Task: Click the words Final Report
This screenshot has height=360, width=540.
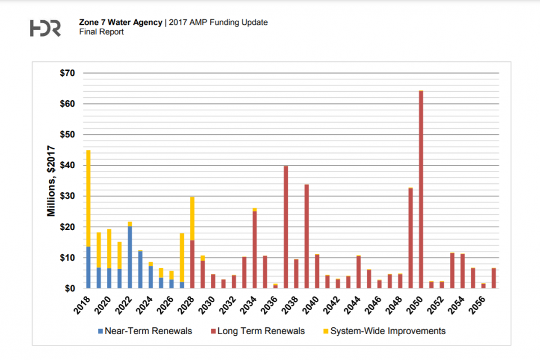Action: pyautogui.click(x=102, y=32)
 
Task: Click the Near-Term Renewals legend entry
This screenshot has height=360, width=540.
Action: pyautogui.click(x=145, y=331)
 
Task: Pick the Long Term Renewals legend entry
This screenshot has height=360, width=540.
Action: pyautogui.click(x=259, y=331)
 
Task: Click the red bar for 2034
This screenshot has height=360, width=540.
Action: pyautogui.click(x=255, y=250)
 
